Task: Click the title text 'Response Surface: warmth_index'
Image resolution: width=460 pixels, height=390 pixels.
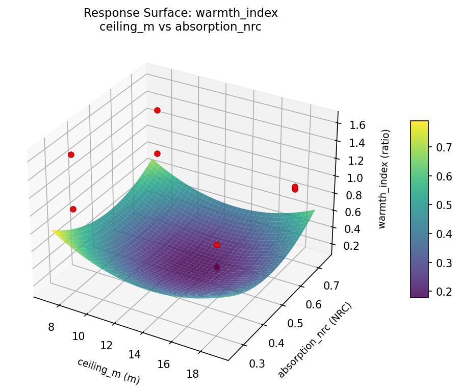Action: click(181, 13)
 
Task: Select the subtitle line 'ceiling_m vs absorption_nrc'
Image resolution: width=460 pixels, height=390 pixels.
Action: click(181, 27)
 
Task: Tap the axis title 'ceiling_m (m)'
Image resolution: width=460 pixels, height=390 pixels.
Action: click(108, 371)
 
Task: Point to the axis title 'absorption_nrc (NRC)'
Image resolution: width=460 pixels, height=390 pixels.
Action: click(315, 340)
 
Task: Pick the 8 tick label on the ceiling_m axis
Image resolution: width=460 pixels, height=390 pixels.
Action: click(51, 326)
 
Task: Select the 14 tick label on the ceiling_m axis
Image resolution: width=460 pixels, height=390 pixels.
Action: click(135, 354)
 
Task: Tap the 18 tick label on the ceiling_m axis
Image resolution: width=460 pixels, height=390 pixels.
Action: click(192, 374)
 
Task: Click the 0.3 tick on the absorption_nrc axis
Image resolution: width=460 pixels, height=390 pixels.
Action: click(257, 363)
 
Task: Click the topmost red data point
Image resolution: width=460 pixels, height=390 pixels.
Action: click(157, 110)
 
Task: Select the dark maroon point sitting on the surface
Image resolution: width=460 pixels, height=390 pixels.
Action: click(217, 267)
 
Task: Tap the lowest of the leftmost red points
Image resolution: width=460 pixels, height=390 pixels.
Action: click(73, 209)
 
